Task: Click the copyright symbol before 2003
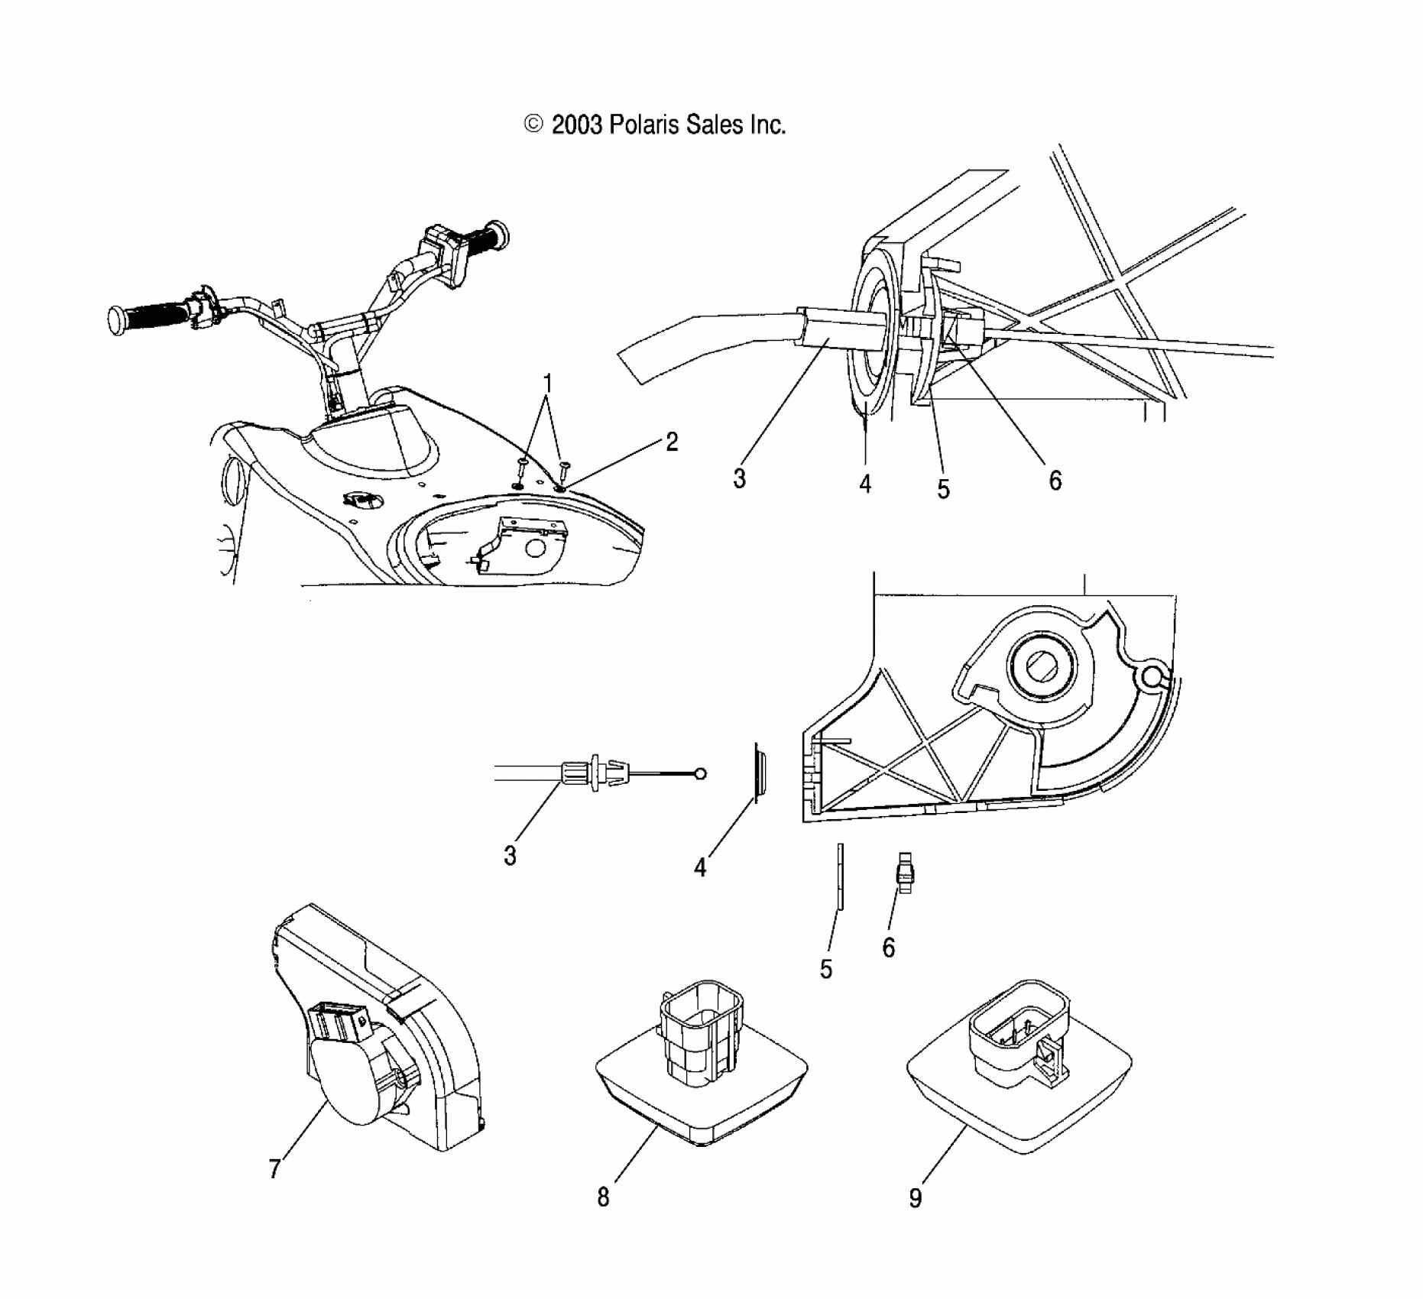click(x=533, y=125)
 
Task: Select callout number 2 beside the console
click(x=671, y=442)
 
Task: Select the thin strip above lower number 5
click(x=839, y=876)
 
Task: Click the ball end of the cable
click(x=701, y=774)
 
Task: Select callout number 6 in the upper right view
click(x=1055, y=480)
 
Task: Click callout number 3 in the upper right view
click(x=739, y=479)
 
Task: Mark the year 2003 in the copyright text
click(x=577, y=125)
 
